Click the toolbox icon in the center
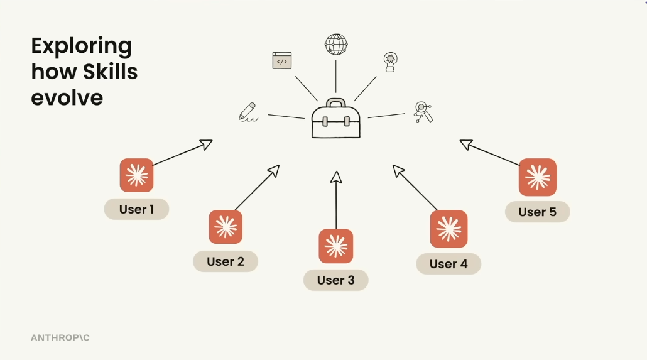click(x=336, y=119)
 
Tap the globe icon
click(x=336, y=45)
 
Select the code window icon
click(x=282, y=60)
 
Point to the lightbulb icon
click(x=391, y=62)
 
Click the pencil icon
click(x=248, y=111)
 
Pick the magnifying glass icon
click(x=423, y=111)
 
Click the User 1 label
click(x=136, y=209)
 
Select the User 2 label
click(x=226, y=261)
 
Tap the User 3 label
click(x=335, y=280)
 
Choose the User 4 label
click(x=449, y=264)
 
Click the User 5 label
click(x=537, y=212)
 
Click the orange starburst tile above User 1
click(x=137, y=175)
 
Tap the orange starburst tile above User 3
click(x=336, y=246)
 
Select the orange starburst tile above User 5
click(x=538, y=177)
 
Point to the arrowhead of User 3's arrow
click(x=336, y=177)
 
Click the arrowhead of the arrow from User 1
click(x=206, y=145)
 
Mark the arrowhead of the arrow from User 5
click(x=465, y=145)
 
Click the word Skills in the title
click(x=111, y=72)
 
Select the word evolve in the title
click(x=67, y=97)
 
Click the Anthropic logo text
click(x=60, y=338)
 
